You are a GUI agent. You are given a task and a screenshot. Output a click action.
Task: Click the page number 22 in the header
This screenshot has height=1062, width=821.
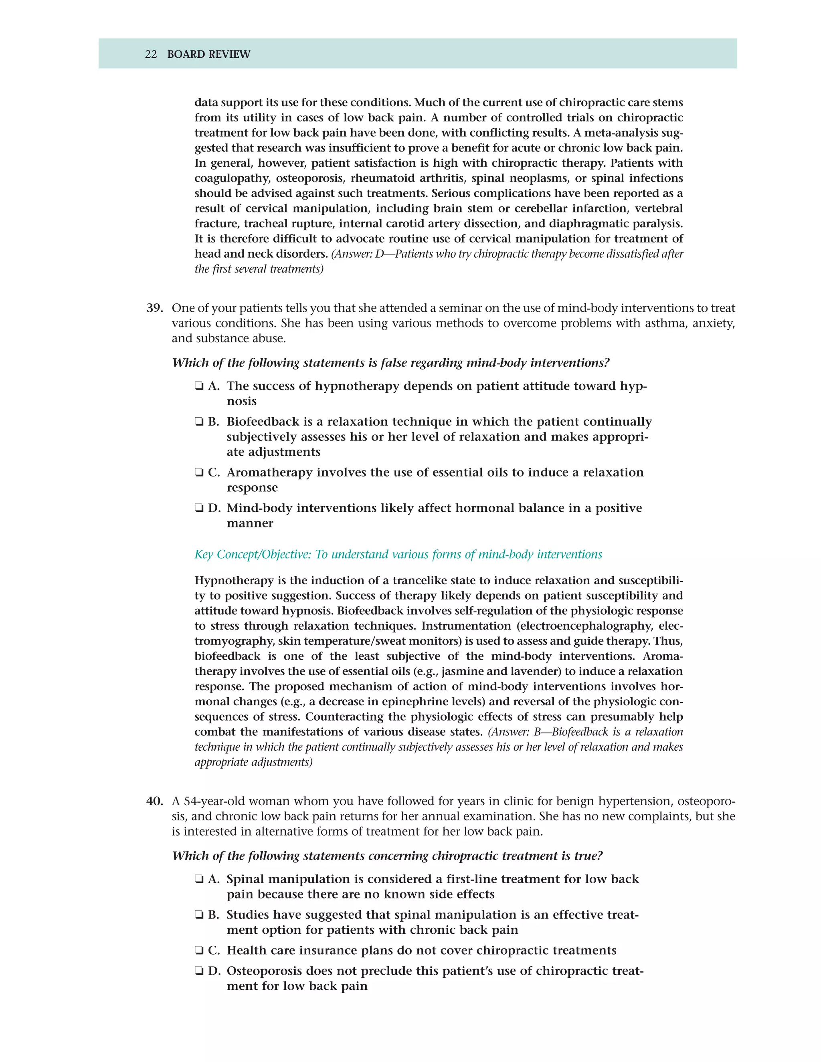151,54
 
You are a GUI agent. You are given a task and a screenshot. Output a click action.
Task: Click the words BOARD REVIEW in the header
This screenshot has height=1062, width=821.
208,54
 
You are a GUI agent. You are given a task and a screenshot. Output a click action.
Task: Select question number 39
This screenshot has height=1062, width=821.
155,308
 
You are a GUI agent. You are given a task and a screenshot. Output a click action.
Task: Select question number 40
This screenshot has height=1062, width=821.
155,802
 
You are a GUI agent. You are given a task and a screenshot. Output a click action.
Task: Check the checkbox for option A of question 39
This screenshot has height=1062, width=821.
198,387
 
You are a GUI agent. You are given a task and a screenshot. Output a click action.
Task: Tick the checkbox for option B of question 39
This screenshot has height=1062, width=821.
198,422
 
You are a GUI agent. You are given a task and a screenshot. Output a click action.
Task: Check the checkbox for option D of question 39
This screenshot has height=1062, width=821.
198,508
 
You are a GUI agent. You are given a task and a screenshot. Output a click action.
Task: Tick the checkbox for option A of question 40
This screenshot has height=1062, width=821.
198,880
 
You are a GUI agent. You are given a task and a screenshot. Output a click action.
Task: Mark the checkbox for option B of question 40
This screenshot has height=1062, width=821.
198,915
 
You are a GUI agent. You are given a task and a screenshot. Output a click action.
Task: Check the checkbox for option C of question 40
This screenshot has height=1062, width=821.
198,951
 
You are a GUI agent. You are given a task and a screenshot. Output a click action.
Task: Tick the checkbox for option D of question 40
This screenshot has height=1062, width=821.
198,971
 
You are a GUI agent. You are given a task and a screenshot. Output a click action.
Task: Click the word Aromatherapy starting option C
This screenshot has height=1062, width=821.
269,472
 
